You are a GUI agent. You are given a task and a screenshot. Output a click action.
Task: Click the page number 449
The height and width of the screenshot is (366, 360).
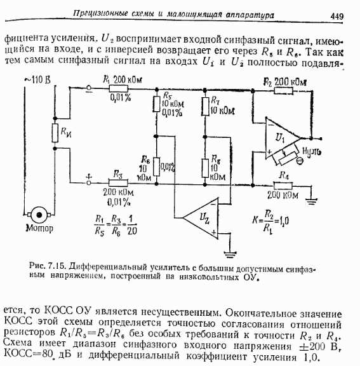(337, 17)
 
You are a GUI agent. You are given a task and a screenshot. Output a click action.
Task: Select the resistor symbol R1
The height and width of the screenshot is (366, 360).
(119, 89)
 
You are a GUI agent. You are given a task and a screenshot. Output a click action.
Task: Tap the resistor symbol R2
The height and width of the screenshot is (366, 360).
(283, 91)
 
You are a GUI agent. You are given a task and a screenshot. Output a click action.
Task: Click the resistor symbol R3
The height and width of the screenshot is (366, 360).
(118, 183)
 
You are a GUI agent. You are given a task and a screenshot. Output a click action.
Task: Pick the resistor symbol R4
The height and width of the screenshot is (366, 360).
(283, 186)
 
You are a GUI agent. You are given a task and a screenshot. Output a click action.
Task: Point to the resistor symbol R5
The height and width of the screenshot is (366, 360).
(156, 104)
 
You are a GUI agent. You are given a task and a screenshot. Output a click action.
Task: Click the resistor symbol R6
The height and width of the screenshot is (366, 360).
(156, 166)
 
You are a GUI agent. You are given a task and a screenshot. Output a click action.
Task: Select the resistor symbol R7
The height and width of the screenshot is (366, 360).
(205, 107)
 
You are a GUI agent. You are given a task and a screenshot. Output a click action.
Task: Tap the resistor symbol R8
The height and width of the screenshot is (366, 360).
(205, 168)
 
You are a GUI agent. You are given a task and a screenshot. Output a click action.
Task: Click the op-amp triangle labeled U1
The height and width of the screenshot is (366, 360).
(282, 139)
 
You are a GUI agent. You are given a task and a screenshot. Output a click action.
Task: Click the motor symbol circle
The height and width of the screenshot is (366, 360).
(39, 215)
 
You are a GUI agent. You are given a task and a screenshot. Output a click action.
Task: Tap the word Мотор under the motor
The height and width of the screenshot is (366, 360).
(39, 228)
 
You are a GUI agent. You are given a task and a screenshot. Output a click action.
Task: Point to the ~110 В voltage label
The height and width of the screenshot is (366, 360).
(37, 80)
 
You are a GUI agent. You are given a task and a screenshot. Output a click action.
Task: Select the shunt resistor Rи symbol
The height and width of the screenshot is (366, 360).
(55, 133)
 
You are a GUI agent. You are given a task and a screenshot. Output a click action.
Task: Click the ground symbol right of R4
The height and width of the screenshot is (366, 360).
(312, 201)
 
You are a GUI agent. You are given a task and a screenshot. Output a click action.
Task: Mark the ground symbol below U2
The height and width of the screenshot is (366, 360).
(230, 254)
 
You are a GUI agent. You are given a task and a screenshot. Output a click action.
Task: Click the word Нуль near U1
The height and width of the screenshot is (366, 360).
(312, 151)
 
